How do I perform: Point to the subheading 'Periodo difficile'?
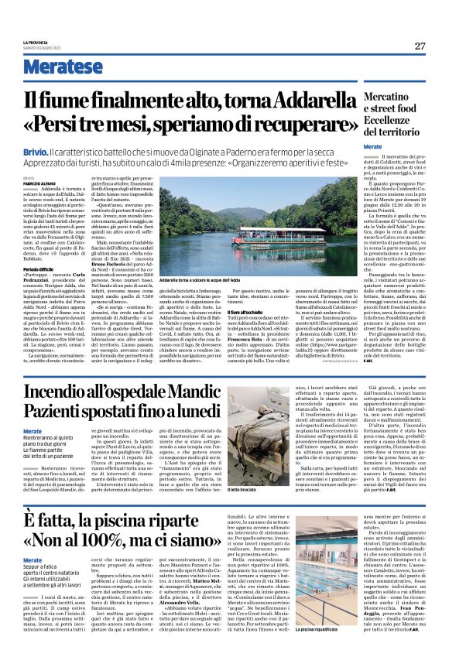[x=39, y=269]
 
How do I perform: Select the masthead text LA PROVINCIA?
[x=36, y=41]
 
